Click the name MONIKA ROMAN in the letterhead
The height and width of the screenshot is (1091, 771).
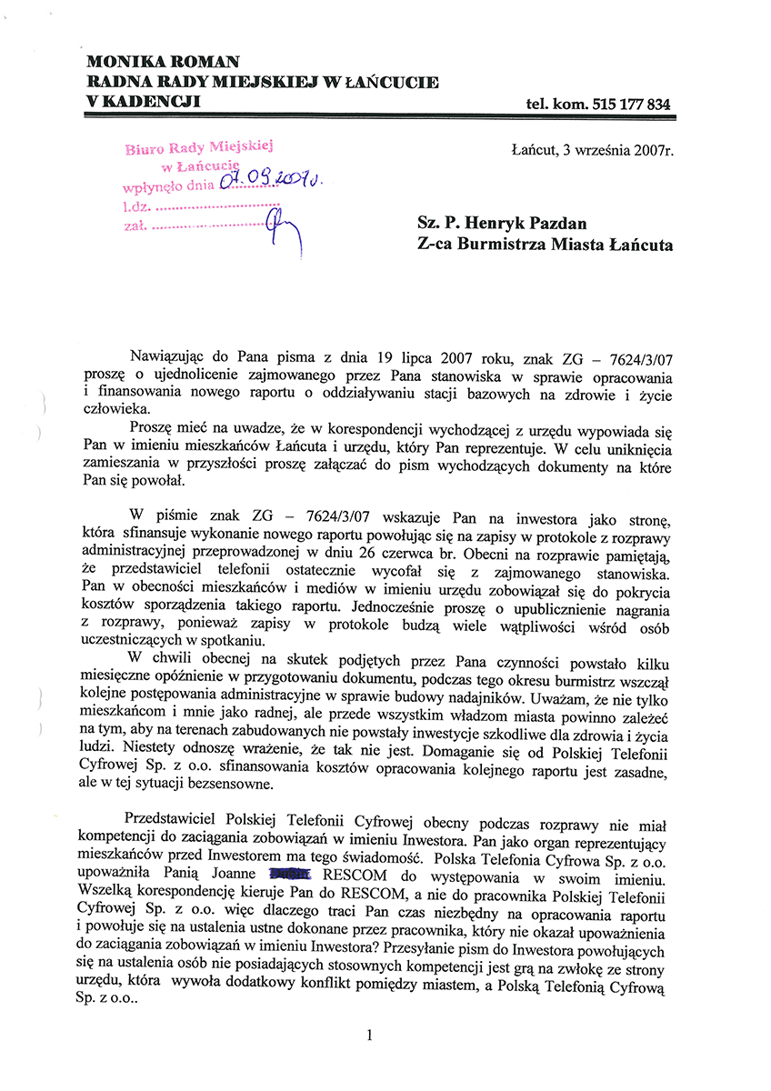(163, 62)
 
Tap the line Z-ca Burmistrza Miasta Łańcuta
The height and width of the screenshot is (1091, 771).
(545, 245)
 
